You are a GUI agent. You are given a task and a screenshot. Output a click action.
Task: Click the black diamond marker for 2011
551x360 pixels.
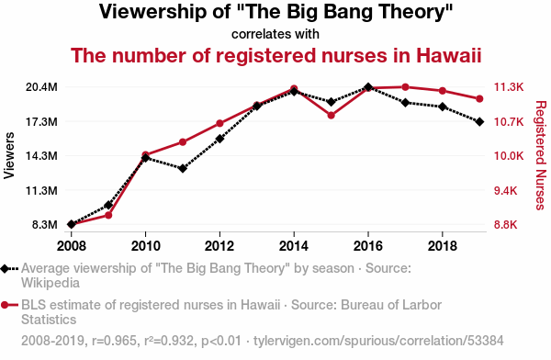tap(183, 168)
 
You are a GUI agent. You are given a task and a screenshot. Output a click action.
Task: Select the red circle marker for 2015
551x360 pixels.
tap(331, 116)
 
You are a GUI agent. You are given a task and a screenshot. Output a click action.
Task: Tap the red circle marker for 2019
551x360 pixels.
tap(479, 99)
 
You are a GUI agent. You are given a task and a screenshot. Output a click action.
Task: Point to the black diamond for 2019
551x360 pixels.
tap(479, 121)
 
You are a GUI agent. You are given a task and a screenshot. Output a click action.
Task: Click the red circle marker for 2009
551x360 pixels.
tap(108, 215)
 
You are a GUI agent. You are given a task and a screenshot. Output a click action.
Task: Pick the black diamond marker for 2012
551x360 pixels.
tap(219, 139)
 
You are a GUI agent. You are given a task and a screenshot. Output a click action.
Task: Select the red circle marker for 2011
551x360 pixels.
tap(183, 142)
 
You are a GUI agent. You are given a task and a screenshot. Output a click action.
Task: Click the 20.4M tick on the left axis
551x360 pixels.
tap(41, 87)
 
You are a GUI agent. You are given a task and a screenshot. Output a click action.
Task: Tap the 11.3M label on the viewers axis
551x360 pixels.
tap(41, 190)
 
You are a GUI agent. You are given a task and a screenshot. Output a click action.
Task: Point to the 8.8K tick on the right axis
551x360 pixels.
tap(506, 225)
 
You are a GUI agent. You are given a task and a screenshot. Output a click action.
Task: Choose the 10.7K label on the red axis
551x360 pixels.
tap(509, 122)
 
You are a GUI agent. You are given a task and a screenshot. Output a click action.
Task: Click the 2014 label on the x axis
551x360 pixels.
tap(294, 246)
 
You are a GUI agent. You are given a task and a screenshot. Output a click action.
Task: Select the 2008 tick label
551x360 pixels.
tap(72, 246)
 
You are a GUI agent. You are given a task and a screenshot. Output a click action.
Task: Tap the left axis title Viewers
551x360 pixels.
tap(9, 155)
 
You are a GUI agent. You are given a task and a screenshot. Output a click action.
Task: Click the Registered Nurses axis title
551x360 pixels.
tap(541, 155)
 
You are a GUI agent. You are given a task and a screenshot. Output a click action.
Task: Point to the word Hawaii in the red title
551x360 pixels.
tap(448, 55)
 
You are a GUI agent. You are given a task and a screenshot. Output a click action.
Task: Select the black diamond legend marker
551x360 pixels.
tap(5, 268)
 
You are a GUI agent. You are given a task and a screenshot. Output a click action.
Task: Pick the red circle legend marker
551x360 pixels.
tap(5, 305)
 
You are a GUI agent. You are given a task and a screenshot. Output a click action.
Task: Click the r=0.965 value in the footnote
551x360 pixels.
tap(114, 341)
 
